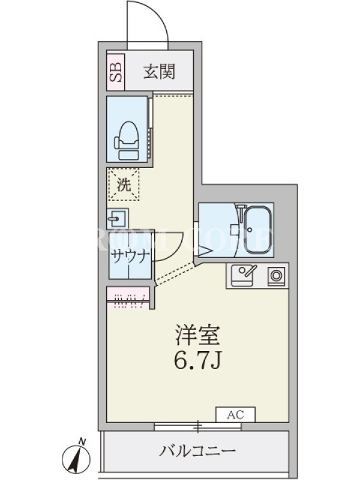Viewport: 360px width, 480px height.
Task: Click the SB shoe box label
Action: (x=116, y=72)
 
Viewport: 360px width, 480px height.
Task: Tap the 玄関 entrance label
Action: (x=160, y=72)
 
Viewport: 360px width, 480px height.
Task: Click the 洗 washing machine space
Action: (x=123, y=184)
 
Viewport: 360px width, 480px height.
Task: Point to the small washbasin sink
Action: (x=117, y=218)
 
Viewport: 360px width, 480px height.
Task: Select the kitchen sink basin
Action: (x=242, y=275)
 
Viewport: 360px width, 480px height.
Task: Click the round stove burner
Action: (x=276, y=276)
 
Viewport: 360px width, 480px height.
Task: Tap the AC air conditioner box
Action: (x=235, y=415)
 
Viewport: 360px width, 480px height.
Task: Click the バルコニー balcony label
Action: (x=197, y=451)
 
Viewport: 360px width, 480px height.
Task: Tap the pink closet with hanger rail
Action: (x=128, y=297)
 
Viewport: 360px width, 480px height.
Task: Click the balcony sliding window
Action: (x=198, y=427)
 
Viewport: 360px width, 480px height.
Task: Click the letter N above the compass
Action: (x=82, y=441)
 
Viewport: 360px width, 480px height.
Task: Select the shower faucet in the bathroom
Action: (x=242, y=212)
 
